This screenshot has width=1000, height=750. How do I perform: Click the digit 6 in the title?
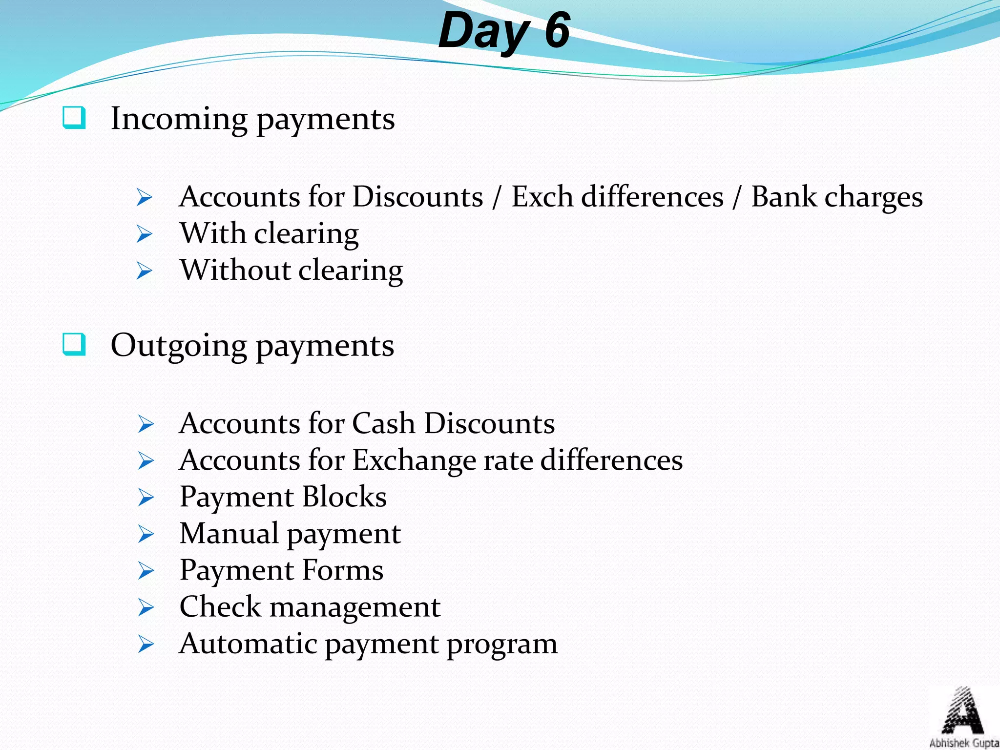(557, 30)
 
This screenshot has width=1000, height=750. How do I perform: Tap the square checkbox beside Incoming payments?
(74, 118)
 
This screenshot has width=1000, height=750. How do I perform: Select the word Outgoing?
(179, 346)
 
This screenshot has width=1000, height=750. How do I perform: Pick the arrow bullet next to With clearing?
(145, 234)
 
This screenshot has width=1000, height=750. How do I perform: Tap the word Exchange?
(415, 460)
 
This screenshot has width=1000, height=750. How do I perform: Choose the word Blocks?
(344, 497)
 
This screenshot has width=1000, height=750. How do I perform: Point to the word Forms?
(343, 570)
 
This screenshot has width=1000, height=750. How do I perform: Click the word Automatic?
(249, 644)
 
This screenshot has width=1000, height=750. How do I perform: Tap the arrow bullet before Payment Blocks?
(146, 498)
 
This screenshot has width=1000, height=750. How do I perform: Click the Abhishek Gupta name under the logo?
(963, 743)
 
